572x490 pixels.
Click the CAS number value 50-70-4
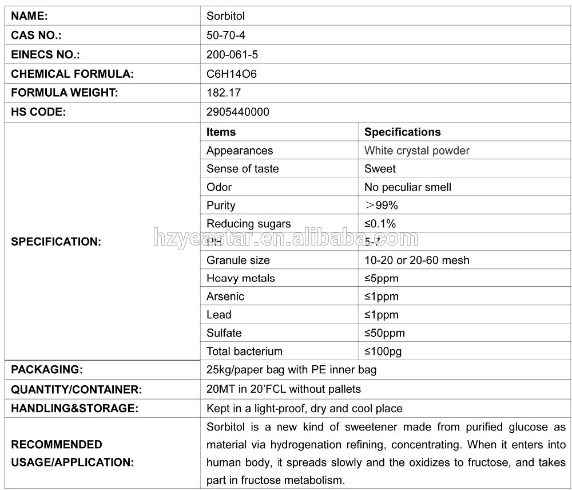coord(225,35)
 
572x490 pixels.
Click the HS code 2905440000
coord(237,112)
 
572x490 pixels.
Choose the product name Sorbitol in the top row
coord(225,17)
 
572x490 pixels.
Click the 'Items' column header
coord(221,132)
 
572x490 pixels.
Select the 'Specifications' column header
coord(402,132)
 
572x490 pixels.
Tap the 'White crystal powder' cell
coord(416,151)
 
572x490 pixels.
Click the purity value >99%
coord(380,206)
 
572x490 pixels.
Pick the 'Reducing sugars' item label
coord(248,224)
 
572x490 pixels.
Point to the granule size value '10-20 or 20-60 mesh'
coord(416,260)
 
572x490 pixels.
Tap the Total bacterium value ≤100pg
coord(387,351)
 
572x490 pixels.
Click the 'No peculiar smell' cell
coord(407,187)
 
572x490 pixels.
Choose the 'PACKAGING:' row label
coord(47,370)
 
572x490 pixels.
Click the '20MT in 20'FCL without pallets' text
coord(283,389)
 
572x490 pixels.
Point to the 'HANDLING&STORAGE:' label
coord(74,409)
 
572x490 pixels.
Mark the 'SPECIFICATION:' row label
coord(56,242)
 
